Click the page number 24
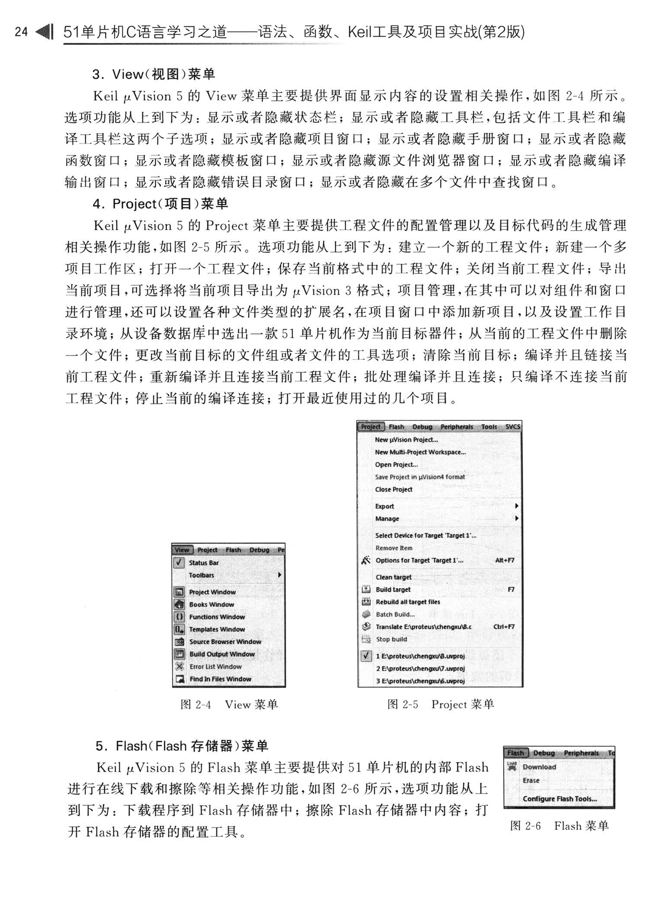pyautogui.click(x=21, y=32)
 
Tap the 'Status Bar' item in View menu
pyautogui.click(x=204, y=563)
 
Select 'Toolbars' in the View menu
pyautogui.click(x=202, y=575)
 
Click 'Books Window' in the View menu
pyautogui.click(x=212, y=605)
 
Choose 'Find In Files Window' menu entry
pyautogui.click(x=220, y=679)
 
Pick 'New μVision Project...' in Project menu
pyautogui.click(x=406, y=440)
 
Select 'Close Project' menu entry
pyautogui.click(x=393, y=490)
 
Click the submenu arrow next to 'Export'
pyautogui.click(x=517, y=506)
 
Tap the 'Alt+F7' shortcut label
pyautogui.click(x=504, y=561)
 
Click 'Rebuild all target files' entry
pyautogui.click(x=408, y=602)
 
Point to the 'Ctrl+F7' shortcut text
pyautogui.click(x=504, y=627)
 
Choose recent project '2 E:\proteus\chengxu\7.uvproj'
pyautogui.click(x=420, y=669)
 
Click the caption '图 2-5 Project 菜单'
pyautogui.click(x=440, y=705)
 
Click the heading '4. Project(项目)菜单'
pyautogui.click(x=160, y=204)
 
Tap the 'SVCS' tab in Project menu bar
pyautogui.click(x=513, y=427)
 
